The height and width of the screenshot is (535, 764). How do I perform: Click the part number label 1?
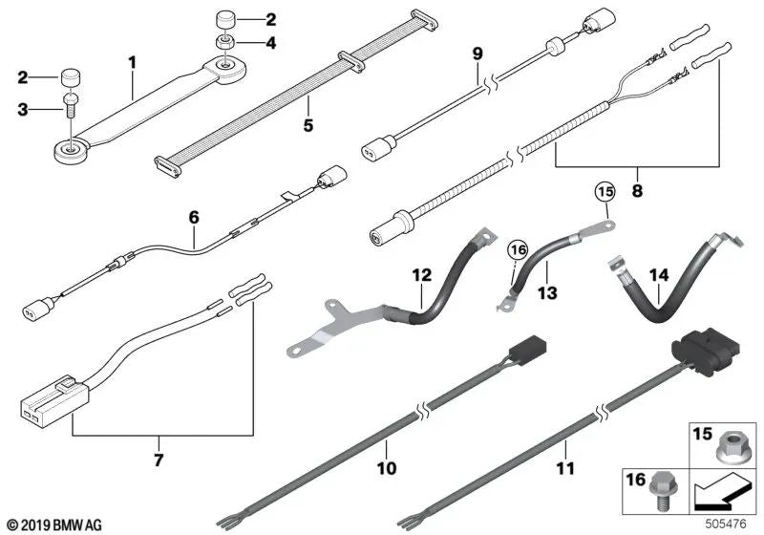coord(133,63)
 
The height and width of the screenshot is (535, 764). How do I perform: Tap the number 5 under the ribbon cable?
coord(308,125)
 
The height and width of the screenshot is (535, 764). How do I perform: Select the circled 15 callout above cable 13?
coord(605,192)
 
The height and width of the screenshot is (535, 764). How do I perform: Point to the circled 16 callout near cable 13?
coord(518,250)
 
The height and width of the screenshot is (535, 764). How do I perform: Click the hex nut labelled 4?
coord(224,41)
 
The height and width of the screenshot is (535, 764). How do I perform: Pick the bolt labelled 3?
coord(69,104)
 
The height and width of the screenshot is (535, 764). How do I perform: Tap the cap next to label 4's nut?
coord(225,21)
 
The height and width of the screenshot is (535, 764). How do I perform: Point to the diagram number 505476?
coord(726,524)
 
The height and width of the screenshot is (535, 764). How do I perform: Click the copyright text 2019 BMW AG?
coord(55,525)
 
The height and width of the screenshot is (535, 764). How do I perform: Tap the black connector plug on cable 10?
coord(527,348)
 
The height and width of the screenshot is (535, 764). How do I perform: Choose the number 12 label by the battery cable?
coord(422,275)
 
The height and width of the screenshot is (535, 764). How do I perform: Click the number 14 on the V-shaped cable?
coord(659,275)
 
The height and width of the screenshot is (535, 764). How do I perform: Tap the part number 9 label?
coord(477,53)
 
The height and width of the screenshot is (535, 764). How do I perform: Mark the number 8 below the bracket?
coord(637,190)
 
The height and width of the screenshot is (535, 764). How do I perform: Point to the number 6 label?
coord(194,217)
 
